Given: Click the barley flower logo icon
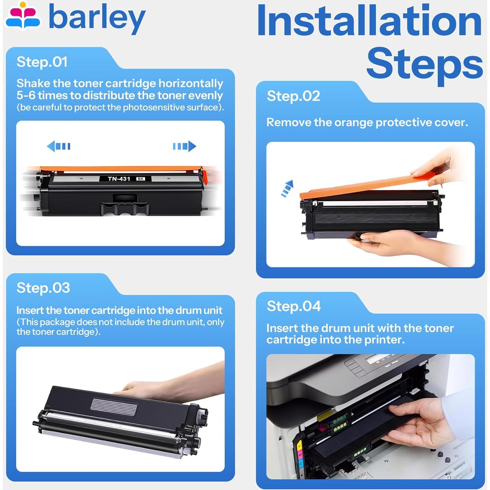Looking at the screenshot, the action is click(x=23, y=15).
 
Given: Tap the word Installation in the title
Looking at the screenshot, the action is click(x=369, y=20).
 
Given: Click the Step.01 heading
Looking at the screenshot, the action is click(x=42, y=62).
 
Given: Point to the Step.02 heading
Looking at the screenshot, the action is click(x=293, y=96).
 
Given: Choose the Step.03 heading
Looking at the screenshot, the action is click(x=43, y=288).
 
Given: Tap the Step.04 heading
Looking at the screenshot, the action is click(x=294, y=306).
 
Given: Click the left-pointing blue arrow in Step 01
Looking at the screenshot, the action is click(x=58, y=146).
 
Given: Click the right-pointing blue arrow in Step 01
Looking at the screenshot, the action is click(x=184, y=146).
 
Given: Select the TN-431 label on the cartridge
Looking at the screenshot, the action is click(x=119, y=179).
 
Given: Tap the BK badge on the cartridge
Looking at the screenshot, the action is click(x=141, y=179).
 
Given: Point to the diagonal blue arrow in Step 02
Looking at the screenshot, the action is click(x=287, y=189).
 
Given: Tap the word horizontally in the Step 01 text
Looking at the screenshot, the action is click(x=191, y=84).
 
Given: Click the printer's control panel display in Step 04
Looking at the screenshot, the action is click(x=375, y=358).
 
